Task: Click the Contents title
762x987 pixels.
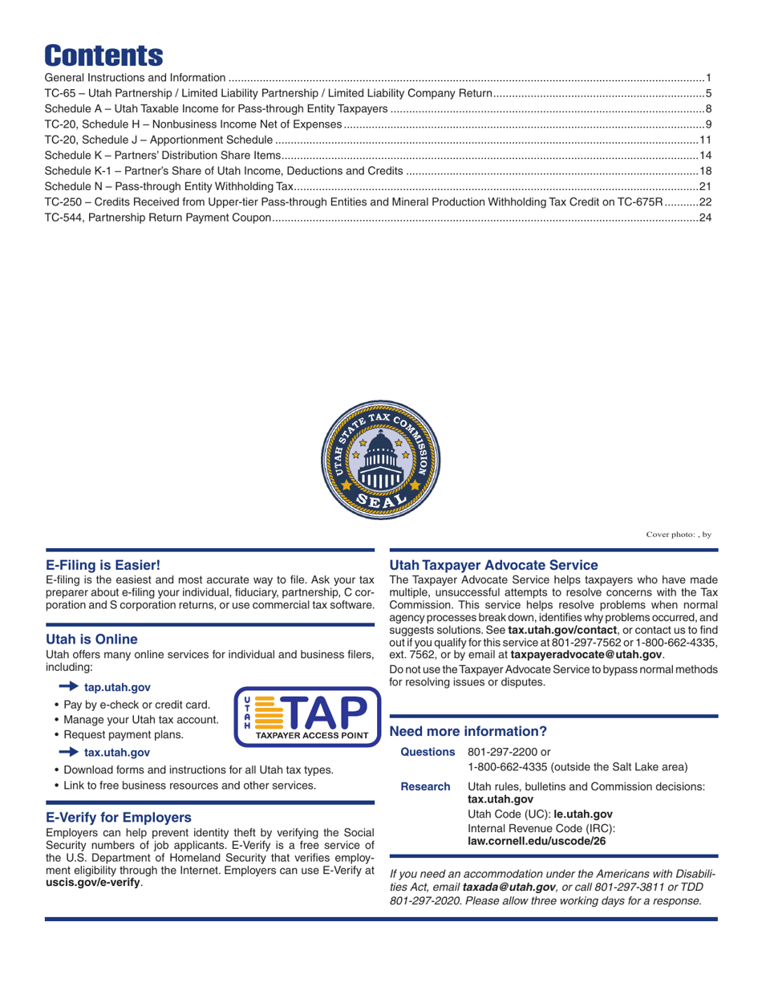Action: pos(104,54)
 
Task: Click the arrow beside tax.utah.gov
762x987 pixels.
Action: pos(69,752)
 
